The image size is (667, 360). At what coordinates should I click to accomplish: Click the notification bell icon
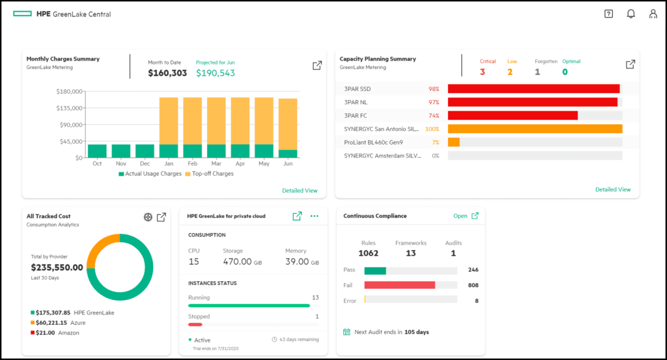[x=631, y=14]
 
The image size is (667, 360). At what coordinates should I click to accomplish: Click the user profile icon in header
[x=653, y=14]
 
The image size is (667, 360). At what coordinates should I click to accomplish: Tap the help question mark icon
[x=608, y=14]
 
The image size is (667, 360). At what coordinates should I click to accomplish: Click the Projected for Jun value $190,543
[x=216, y=73]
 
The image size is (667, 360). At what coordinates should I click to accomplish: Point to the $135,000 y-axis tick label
[x=69, y=108]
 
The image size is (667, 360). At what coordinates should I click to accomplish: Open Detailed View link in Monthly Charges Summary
[x=300, y=191]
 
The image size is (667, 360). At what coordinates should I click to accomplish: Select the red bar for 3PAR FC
[x=513, y=115]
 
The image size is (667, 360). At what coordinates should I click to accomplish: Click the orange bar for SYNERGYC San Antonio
[x=535, y=129]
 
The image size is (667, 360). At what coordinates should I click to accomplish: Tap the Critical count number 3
[x=483, y=72]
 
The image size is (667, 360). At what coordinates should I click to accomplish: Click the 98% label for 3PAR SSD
[x=433, y=89]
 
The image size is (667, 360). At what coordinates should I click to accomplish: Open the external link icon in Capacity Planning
[x=630, y=64]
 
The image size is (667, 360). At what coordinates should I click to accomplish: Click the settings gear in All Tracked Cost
[x=148, y=217]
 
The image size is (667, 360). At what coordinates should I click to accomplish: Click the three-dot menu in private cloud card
[x=315, y=216]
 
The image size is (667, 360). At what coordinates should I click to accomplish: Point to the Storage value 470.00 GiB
[x=241, y=262]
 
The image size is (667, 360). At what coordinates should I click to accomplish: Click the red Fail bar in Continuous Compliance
[x=399, y=285]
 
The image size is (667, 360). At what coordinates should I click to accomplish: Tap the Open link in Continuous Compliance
[x=461, y=216]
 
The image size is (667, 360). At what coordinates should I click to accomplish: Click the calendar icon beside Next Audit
[x=347, y=332]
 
